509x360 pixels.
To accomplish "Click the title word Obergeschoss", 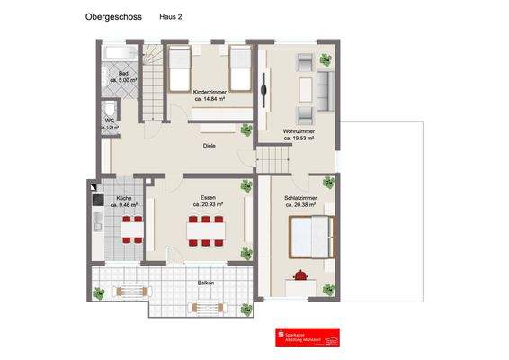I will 113,16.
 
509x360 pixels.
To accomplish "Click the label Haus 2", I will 172,17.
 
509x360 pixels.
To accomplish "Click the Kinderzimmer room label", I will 209,93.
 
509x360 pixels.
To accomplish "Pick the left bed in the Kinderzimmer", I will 177,64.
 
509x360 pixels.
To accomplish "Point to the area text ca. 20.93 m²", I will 208,204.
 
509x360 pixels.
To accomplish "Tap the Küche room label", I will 124,198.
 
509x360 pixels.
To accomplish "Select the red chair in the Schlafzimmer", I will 300,274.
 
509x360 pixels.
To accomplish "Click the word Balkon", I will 206,283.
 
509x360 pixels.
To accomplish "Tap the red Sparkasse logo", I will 308,336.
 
